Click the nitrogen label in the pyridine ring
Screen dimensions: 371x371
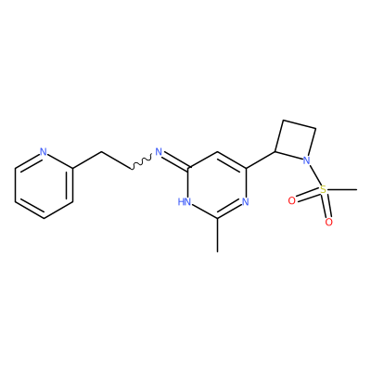[44, 152]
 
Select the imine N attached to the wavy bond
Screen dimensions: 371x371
[159, 152]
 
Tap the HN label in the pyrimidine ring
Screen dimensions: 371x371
[185, 202]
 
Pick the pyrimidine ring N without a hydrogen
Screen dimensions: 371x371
[246, 202]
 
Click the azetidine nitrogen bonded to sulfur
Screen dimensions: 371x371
[306, 160]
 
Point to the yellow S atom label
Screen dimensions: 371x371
[323, 189]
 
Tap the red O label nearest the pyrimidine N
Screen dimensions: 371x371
[291, 201]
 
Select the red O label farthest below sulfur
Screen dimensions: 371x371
[329, 222]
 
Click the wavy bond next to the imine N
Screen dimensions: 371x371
[142, 162]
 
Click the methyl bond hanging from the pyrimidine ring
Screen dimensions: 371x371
[217, 235]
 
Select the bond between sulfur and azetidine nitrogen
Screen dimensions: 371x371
[314, 175]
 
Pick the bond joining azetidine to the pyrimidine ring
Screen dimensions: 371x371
[261, 160]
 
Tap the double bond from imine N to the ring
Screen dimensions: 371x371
[175, 160]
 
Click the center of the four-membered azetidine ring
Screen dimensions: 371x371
[296, 140]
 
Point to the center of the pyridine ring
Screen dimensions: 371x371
[44, 185]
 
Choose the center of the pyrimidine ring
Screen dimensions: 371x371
[217, 185]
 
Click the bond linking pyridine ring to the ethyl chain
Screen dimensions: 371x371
[87, 160]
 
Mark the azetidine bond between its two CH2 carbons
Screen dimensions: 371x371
[300, 124]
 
